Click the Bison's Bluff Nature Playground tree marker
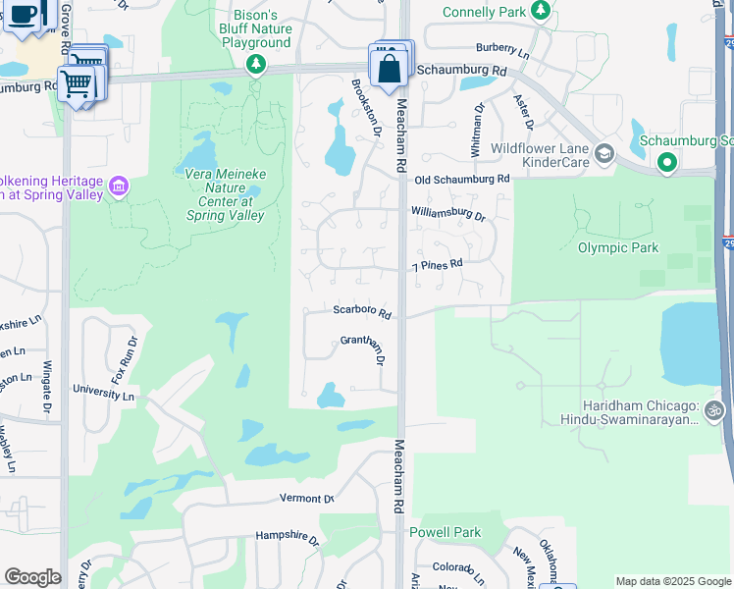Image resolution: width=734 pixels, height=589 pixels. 255,64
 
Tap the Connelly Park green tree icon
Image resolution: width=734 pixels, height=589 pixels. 540,11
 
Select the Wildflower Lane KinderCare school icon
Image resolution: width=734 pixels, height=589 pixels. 604,153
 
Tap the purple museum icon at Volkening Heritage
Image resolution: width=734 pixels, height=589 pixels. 119,186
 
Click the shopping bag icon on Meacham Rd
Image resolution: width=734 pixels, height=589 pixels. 390,69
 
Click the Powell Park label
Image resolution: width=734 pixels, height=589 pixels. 445,533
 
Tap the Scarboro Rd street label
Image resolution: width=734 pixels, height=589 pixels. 362,312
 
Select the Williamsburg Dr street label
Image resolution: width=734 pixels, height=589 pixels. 448,212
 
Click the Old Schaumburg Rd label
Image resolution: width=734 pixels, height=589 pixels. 462,180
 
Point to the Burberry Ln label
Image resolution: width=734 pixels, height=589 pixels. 501,48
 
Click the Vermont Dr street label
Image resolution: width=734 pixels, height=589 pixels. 306,499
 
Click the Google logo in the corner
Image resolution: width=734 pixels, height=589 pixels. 32,577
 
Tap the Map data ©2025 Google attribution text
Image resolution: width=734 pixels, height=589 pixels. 672,581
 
